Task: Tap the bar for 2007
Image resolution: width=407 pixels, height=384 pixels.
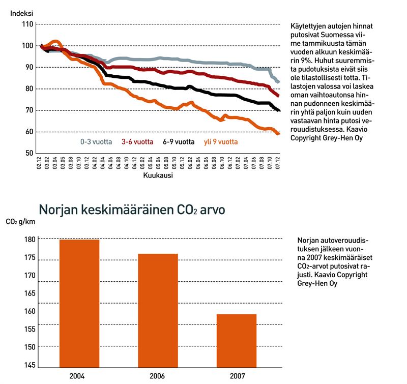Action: [237, 340]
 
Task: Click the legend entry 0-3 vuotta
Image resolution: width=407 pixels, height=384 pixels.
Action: [97, 142]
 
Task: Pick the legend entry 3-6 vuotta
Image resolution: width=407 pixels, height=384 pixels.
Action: [137, 142]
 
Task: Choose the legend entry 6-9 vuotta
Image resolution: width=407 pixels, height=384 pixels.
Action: [179, 142]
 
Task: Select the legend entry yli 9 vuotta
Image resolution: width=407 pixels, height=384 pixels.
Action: [221, 142]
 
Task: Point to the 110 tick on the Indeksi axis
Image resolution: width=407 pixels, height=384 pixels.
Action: [27, 24]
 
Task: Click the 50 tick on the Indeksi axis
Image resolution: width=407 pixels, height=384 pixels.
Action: [29, 153]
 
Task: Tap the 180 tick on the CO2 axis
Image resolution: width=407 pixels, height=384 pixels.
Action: [29, 240]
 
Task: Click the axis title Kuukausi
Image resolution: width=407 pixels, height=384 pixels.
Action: [159, 175]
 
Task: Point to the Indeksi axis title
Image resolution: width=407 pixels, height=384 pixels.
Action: [22, 12]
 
